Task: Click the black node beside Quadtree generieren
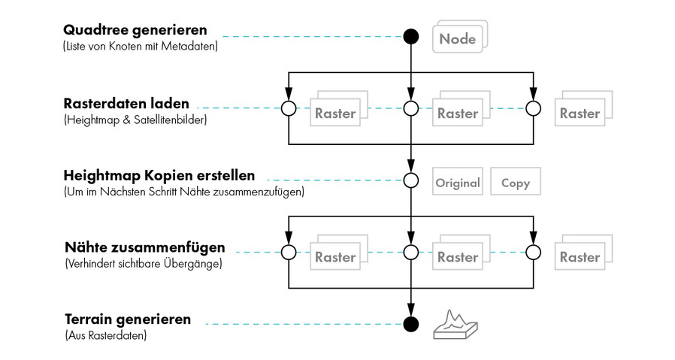(x=410, y=35)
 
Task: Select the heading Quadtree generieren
(x=135, y=31)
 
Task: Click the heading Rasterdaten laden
(x=126, y=103)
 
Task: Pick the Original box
(x=458, y=183)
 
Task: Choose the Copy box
(x=515, y=183)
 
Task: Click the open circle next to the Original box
(x=410, y=180)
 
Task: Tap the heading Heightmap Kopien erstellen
(x=159, y=176)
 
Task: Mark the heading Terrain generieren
(x=127, y=319)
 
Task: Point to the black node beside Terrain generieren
(x=410, y=324)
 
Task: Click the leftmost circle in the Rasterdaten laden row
(x=288, y=109)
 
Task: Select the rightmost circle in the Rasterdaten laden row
(x=533, y=109)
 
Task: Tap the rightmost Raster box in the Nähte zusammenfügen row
(x=580, y=257)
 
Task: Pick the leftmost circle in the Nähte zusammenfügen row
(x=288, y=252)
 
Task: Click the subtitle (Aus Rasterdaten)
(x=105, y=335)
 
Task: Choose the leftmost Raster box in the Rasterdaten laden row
(x=335, y=113)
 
